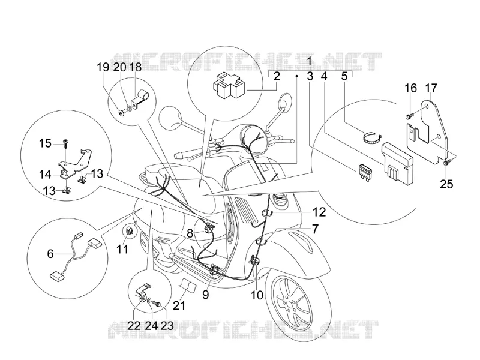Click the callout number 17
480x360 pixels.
coord(431,88)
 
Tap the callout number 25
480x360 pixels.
coord(446,184)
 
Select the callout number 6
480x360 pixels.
coord(50,254)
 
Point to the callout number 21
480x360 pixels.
coord(179,305)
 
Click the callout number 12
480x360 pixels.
coord(319,212)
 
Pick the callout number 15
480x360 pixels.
coord(46,143)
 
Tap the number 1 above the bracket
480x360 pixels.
coord(310,61)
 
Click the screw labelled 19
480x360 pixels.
coord(123,113)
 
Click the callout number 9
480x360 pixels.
coord(205,295)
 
